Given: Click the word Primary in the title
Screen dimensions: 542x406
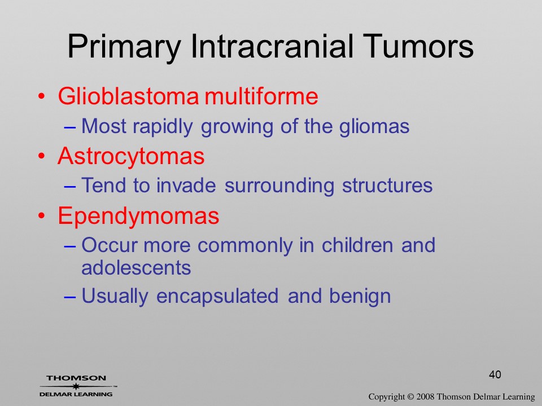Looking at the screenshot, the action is [124, 47].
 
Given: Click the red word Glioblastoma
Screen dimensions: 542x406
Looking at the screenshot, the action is [128, 96].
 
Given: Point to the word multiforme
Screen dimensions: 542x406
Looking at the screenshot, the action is [261, 96].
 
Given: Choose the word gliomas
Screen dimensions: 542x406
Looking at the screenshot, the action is [374, 126].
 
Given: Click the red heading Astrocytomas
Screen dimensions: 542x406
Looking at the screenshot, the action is [131, 156].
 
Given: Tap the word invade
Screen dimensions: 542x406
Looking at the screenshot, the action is [186, 186].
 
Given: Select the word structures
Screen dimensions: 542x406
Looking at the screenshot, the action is [387, 186].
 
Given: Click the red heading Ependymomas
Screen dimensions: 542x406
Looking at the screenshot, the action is [139, 216].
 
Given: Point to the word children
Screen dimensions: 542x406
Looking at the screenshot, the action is [357, 245].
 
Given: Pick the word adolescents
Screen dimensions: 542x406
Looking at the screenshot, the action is [136, 267].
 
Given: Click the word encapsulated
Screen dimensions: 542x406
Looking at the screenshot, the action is [217, 296].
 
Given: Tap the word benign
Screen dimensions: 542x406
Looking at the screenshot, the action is [360, 296].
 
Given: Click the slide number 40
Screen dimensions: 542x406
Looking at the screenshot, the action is [495, 374].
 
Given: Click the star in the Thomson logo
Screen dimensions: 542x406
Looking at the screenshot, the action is [76, 386].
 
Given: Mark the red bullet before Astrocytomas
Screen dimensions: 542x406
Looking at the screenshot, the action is [41, 156].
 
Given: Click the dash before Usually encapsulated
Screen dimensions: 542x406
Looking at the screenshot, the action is [70, 297].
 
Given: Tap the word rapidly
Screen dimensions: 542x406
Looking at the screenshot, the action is [163, 126].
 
